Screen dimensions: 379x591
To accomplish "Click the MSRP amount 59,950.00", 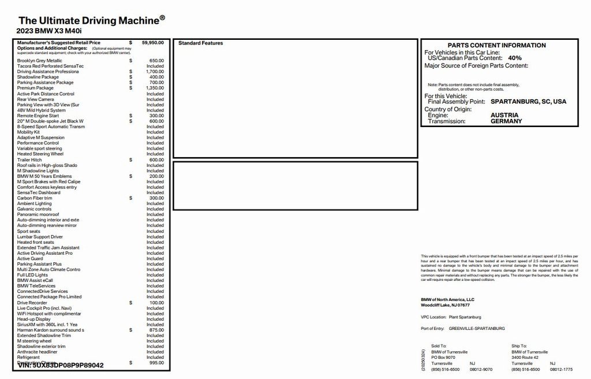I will click(x=153, y=42).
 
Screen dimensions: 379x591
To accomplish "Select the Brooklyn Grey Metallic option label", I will click(x=39, y=61).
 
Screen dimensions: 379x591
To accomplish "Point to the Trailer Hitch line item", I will click(x=29, y=160).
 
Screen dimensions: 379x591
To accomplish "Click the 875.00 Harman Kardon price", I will click(x=156, y=330).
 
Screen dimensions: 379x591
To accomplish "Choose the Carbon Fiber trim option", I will click(x=35, y=198).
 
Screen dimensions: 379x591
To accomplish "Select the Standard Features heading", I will click(x=200, y=43).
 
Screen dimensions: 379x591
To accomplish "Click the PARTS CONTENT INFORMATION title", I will click(x=496, y=45).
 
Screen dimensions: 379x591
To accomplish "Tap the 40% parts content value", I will click(x=515, y=58).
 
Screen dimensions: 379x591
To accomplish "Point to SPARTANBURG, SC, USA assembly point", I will click(x=528, y=102).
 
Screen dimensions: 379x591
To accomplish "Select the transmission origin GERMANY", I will click(x=506, y=122).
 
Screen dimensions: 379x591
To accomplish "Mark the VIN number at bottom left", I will click(x=61, y=365).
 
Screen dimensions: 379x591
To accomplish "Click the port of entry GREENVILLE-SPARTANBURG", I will click(x=477, y=328).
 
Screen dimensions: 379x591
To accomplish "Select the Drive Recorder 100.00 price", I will click(x=156, y=302).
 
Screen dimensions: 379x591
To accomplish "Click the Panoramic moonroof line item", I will click(x=38, y=214).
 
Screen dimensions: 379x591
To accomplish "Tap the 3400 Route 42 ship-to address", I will click(x=525, y=358).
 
